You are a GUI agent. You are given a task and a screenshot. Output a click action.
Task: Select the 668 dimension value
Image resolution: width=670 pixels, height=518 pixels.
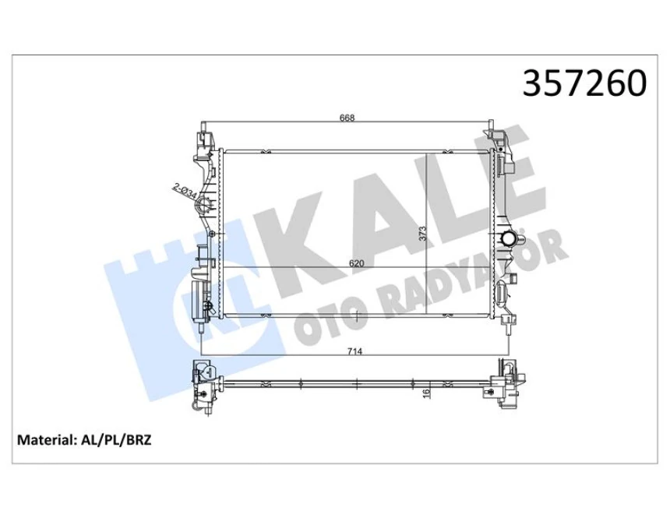point(347,118)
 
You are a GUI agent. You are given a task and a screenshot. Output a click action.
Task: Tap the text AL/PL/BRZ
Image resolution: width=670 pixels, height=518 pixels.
point(117,440)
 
